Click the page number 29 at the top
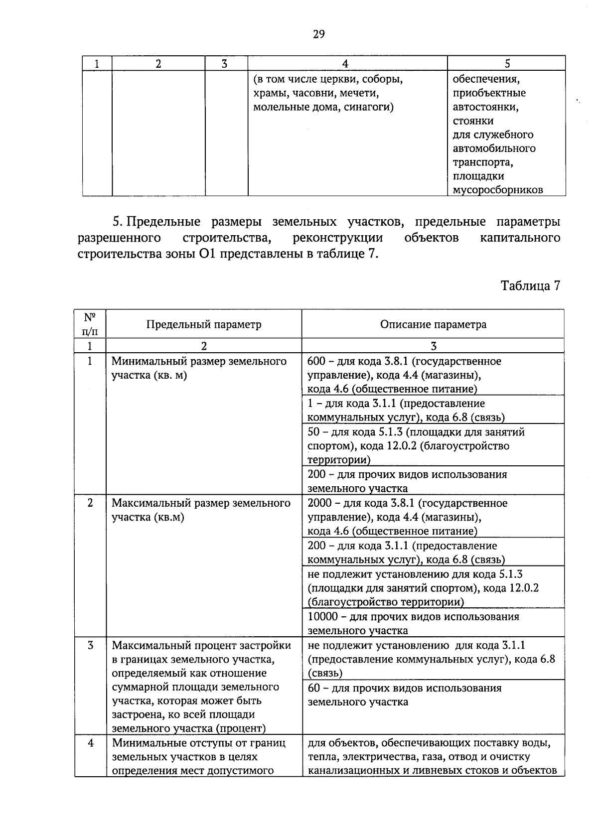click(x=319, y=34)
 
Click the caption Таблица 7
click(x=530, y=285)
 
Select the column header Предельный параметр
click(x=203, y=325)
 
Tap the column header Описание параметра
click(x=433, y=325)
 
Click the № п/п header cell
click(x=90, y=324)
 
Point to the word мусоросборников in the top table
click(x=497, y=190)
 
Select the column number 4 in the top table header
click(x=345, y=63)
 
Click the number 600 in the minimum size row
click(x=316, y=361)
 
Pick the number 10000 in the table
click(x=322, y=617)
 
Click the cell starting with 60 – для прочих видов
click(x=405, y=695)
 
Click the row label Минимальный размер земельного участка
click(x=199, y=368)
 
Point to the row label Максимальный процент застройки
click(x=201, y=646)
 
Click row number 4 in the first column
click(x=90, y=743)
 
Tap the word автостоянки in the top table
click(x=485, y=107)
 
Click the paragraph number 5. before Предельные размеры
click(x=118, y=221)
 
